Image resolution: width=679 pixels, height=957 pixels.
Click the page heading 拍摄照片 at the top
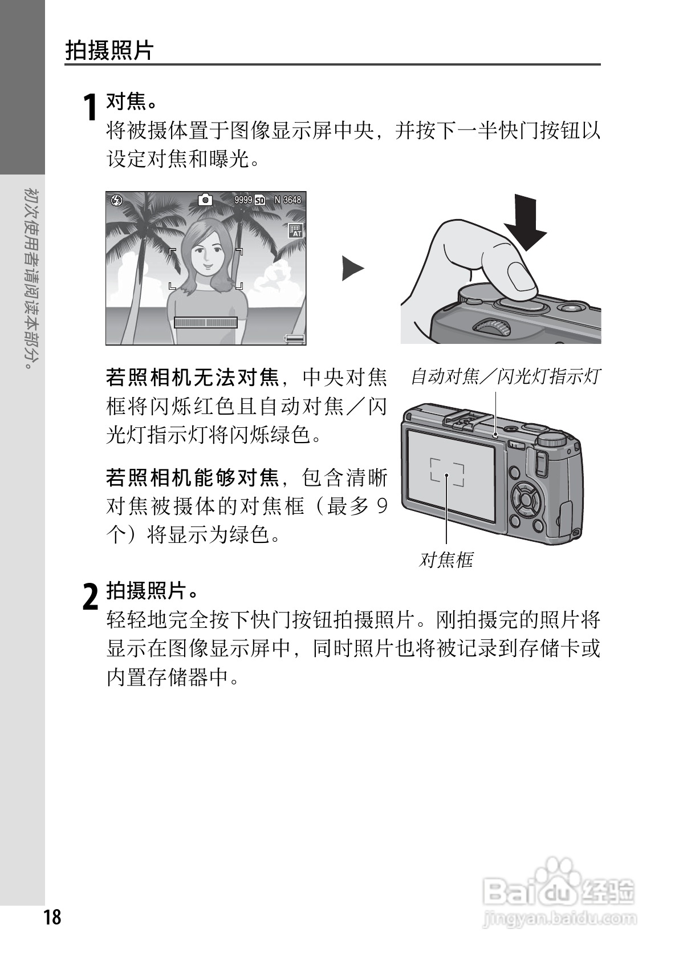coord(109,50)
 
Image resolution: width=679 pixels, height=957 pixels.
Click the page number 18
coord(51,918)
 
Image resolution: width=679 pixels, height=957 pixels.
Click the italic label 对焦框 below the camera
coord(446,560)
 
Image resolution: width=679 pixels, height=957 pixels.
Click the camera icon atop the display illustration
coord(205,200)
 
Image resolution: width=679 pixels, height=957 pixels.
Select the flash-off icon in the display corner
coord(116,200)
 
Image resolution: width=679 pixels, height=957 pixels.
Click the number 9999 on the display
coord(243,200)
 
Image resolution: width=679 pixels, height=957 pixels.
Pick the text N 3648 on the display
coord(287,200)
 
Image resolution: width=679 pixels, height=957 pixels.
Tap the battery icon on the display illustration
coord(295,338)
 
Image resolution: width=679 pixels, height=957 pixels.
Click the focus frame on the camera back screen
coord(447,472)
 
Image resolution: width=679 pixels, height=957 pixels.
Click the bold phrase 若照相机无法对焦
coord(192,377)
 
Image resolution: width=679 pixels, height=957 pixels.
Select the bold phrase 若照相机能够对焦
coord(192,477)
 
